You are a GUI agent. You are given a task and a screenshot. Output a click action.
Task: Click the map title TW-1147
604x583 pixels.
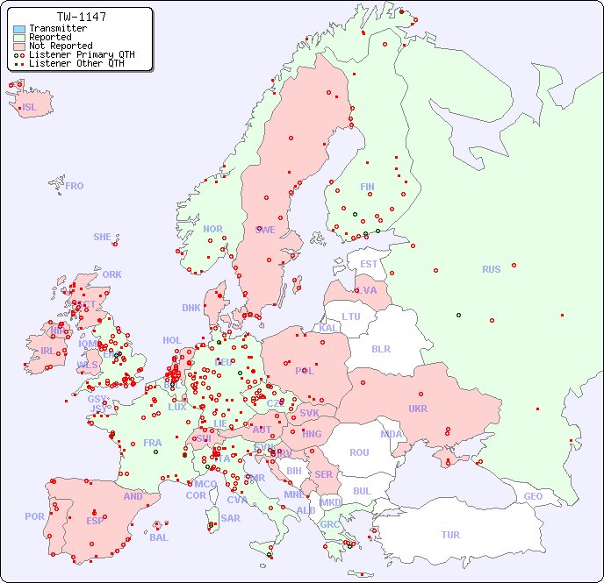pos(82,17)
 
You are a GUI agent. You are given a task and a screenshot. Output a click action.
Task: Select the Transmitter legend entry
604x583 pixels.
pos(57,28)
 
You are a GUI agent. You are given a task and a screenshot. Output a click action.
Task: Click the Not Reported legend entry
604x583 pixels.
pos(60,46)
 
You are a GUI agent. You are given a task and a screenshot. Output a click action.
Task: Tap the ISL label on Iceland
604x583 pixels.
pos(30,108)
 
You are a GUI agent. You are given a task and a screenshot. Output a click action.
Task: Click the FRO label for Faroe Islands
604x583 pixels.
pos(75,186)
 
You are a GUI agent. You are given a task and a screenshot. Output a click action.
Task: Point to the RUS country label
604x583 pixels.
pos(491,269)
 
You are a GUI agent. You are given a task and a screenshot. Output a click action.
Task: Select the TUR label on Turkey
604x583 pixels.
pos(450,535)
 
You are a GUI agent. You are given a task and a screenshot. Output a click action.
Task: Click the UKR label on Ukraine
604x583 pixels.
pos(418,409)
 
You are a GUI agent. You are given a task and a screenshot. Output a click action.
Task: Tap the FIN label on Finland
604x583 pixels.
pos(367,187)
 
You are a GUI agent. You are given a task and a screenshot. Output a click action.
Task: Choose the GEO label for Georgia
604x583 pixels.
pos(533,496)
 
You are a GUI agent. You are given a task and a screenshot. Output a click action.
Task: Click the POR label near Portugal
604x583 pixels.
pos(34,516)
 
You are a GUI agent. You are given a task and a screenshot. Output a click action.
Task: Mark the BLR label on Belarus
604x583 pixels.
pos(380,348)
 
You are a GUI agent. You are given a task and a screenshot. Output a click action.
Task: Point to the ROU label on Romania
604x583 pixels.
pos(359,452)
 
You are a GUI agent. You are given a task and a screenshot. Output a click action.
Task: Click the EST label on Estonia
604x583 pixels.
pos(369,264)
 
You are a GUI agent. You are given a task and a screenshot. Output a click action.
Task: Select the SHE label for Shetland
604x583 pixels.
pos(103,237)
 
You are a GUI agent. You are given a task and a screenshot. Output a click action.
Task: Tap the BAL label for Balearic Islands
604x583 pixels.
pos(158,537)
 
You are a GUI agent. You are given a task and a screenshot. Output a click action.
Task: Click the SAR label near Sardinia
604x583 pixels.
pos(230,518)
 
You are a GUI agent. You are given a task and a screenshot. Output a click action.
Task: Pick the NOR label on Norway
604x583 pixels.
pos(212,229)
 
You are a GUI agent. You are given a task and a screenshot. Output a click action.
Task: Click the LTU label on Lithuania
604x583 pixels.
pos(351,316)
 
